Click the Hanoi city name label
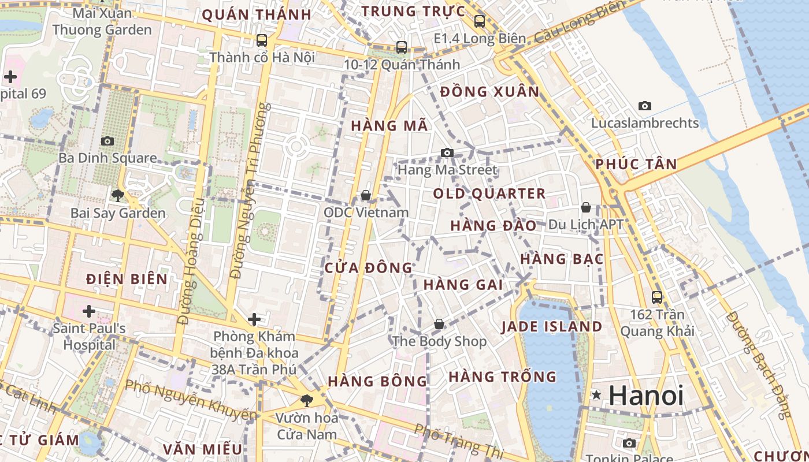[646, 396]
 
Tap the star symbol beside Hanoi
[596, 395]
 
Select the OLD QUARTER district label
[489, 193]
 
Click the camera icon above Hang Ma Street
[447, 152]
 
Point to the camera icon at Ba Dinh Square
[107, 141]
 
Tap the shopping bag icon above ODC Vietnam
[365, 196]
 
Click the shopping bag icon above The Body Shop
[439, 324]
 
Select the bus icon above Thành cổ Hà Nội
[262, 40]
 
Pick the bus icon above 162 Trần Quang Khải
[657, 297]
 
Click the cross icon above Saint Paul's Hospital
[88, 312]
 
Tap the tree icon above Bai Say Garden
[118, 196]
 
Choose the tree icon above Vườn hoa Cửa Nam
[306, 400]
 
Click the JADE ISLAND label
[551, 327]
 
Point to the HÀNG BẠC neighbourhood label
[562, 259]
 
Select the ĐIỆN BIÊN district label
[127, 280]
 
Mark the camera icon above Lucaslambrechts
[645, 106]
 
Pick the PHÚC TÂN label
[636, 164]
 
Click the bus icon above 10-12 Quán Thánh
[402, 47]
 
